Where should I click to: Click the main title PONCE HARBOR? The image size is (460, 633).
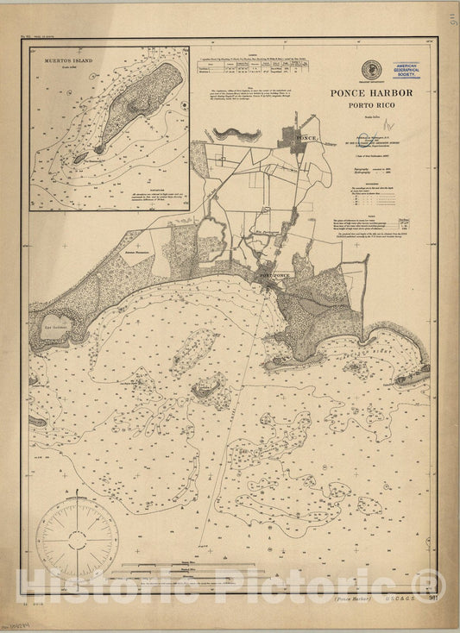point(371,93)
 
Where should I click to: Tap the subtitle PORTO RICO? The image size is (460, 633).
point(371,107)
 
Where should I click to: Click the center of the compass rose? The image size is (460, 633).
point(78,539)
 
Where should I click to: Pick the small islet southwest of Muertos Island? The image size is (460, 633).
point(80,158)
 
